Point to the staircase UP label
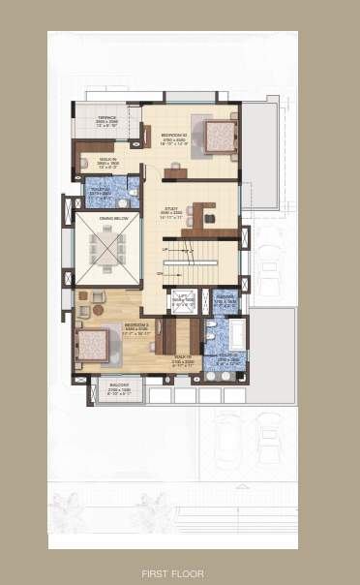click(x=165, y=250)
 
